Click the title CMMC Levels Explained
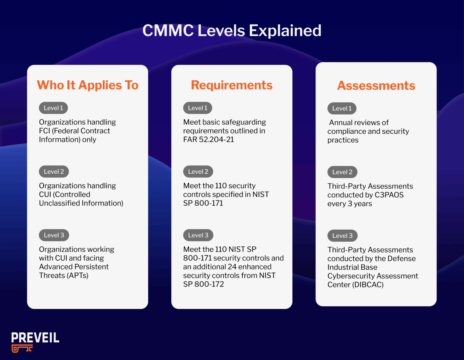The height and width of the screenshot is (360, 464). pos(232,31)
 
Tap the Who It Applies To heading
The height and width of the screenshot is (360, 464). pos(88,85)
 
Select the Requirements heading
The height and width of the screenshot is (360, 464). pos(232,85)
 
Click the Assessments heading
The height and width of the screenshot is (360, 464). pos(376,86)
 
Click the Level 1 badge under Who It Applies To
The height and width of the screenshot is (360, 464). pos(53,108)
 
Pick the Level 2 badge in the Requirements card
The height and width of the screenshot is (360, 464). pos(198,171)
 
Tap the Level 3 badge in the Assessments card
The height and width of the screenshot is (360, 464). pos(342,236)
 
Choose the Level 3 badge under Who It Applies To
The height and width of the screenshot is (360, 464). pos(54,235)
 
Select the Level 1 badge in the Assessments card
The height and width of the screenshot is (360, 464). pos(342,108)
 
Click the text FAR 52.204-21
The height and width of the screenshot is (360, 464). pos(208,140)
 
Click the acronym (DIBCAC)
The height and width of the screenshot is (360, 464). pos(368,285)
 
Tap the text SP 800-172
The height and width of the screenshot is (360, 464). pos(203,284)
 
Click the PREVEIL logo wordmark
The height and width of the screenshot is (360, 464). pos(35,338)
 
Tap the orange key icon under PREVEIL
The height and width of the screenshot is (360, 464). pos(22,349)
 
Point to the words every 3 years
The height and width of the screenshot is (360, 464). pos(350,204)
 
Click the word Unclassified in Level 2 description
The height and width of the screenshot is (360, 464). pos(59,203)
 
